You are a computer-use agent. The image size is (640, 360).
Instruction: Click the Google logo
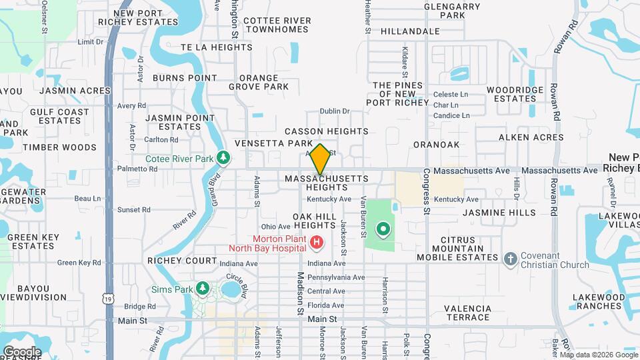(22, 351)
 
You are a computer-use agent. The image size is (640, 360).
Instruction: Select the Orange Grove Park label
(259, 82)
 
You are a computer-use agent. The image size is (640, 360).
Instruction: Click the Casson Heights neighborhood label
(327, 131)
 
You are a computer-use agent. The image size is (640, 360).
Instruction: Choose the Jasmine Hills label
(499, 213)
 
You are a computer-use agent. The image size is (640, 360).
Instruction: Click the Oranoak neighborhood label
(455, 144)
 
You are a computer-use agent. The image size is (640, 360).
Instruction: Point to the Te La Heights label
(216, 47)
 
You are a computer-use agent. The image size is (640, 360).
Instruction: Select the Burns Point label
(185, 78)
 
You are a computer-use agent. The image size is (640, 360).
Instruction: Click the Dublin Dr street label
(335, 111)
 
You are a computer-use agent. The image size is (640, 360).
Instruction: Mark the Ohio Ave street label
(275, 227)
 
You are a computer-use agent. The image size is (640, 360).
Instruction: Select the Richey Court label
(182, 261)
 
